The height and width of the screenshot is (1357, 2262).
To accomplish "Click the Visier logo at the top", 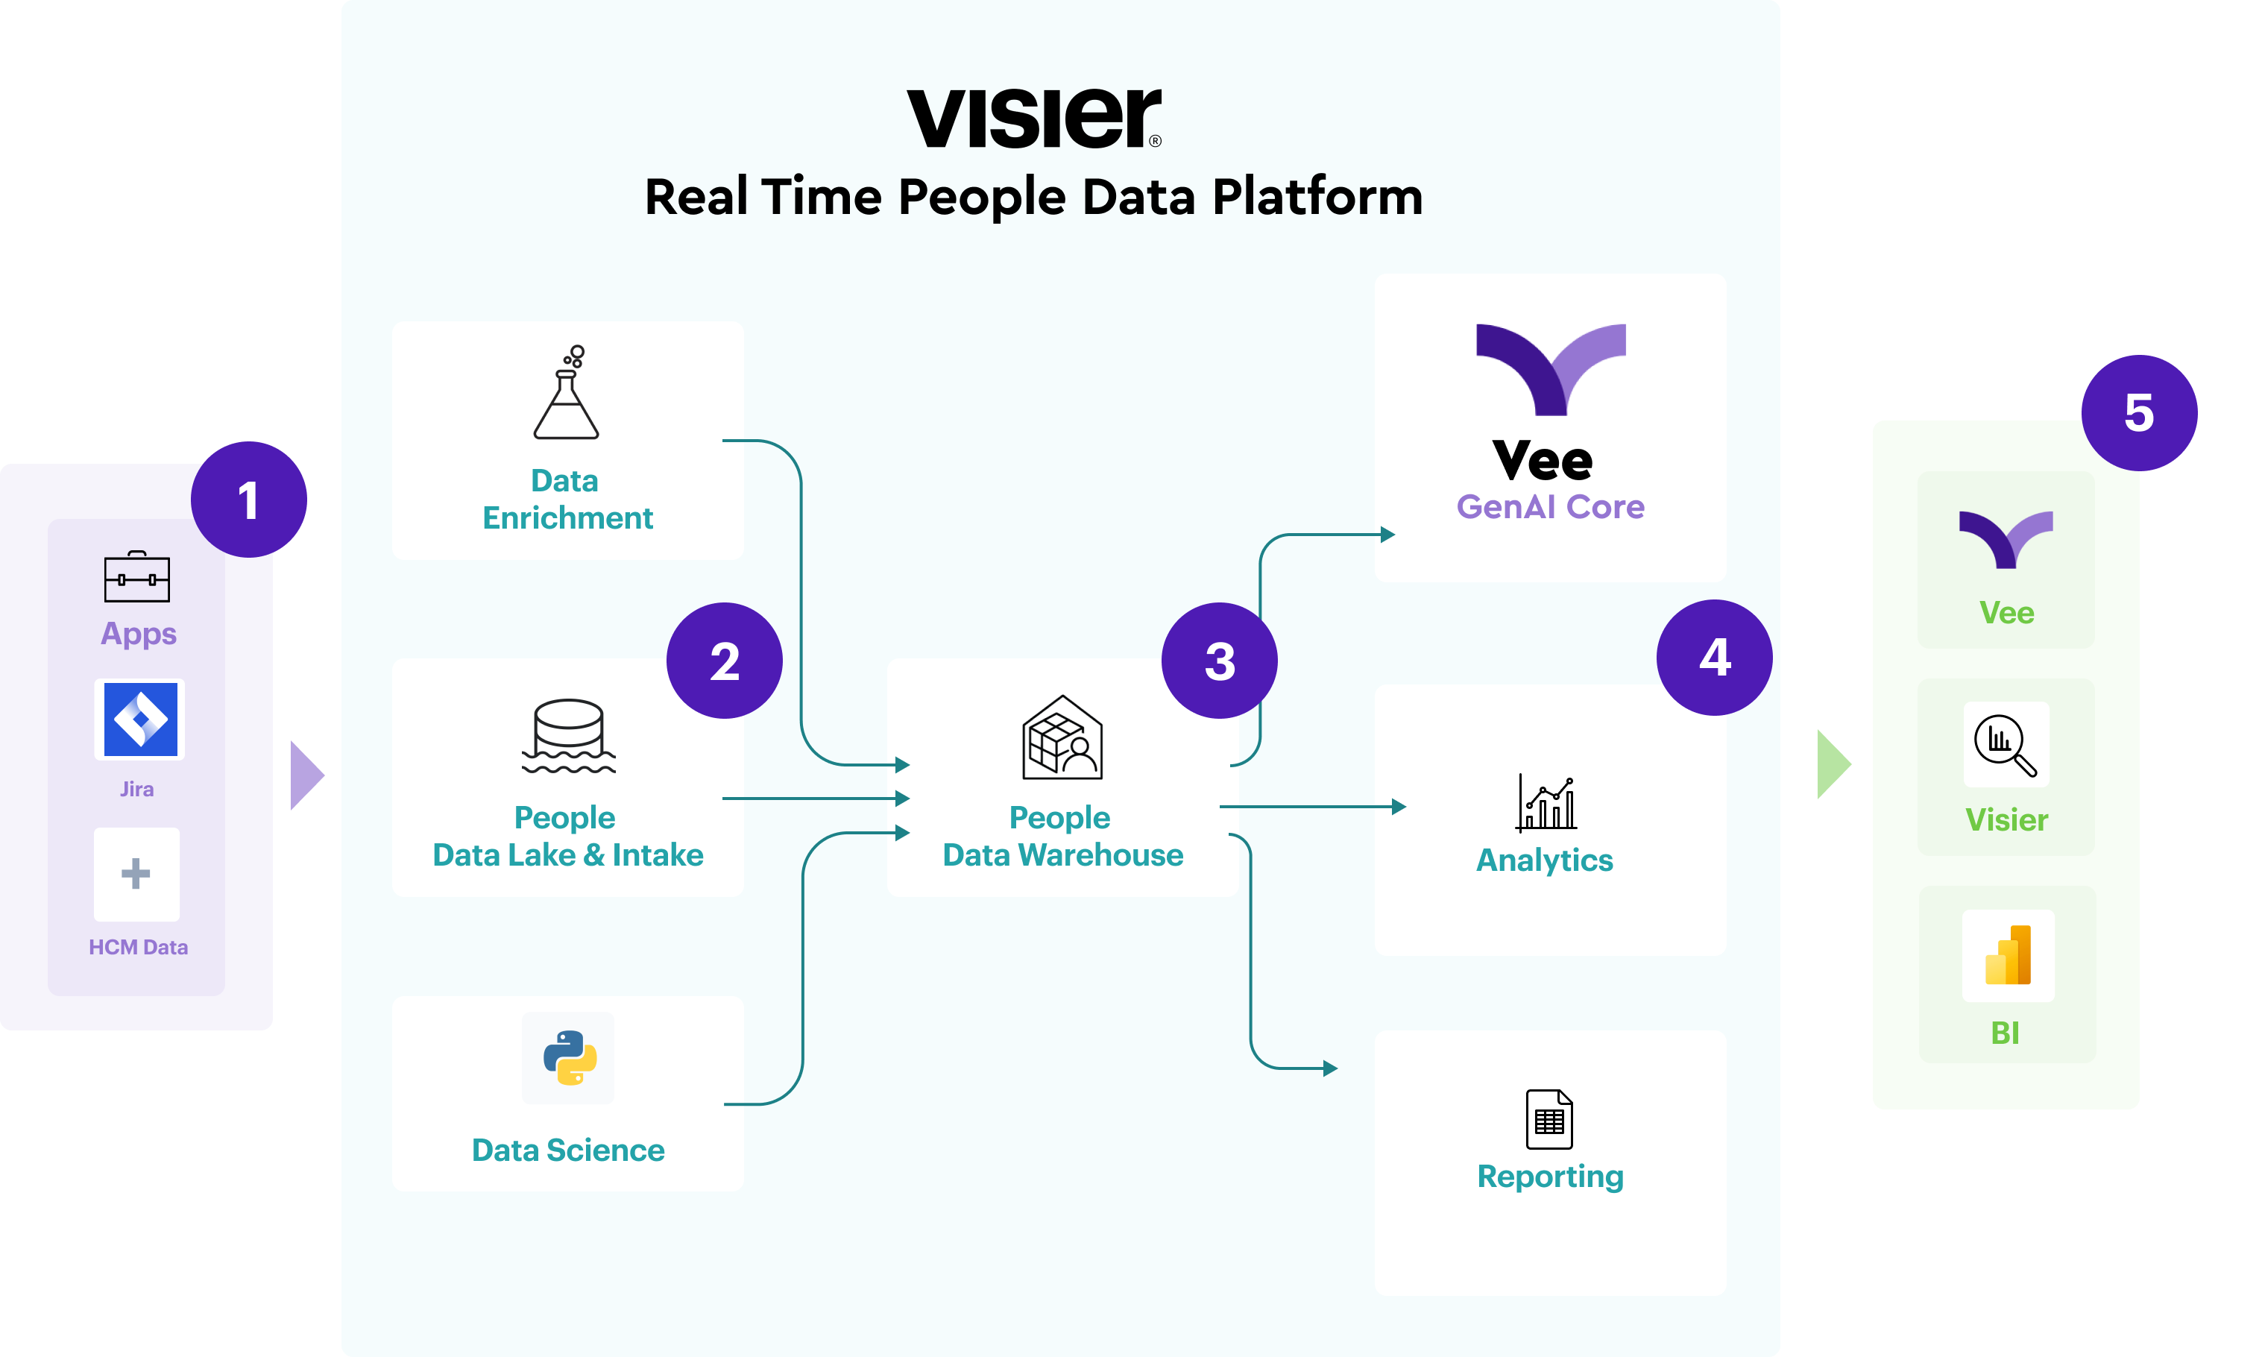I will pyautogui.click(x=1033, y=118).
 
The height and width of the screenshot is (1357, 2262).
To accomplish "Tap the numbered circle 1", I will pyautogui.click(x=249, y=500).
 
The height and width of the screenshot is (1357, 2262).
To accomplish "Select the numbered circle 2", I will pyautogui.click(x=724, y=660).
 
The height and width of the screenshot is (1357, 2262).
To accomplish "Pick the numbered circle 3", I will pyautogui.click(x=1219, y=660).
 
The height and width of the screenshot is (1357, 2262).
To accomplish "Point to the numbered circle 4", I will pyautogui.click(x=1714, y=657).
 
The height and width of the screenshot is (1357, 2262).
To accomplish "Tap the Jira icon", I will pyautogui.click(x=140, y=720).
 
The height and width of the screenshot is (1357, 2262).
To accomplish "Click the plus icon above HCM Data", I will pyautogui.click(x=136, y=873).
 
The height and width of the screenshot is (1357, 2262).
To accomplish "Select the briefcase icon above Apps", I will pyautogui.click(x=137, y=577).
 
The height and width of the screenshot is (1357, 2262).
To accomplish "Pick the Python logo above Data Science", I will pyautogui.click(x=570, y=1058).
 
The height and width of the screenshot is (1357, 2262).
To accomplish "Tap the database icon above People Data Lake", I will pyautogui.click(x=569, y=735).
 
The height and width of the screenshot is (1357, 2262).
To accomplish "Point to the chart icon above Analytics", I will pyautogui.click(x=1546, y=803).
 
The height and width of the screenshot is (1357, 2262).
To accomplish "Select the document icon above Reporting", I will pyautogui.click(x=1549, y=1118).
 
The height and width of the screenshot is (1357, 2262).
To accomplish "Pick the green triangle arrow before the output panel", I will pyautogui.click(x=1833, y=763).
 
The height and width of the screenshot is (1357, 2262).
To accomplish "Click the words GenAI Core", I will pyautogui.click(x=1550, y=506).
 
